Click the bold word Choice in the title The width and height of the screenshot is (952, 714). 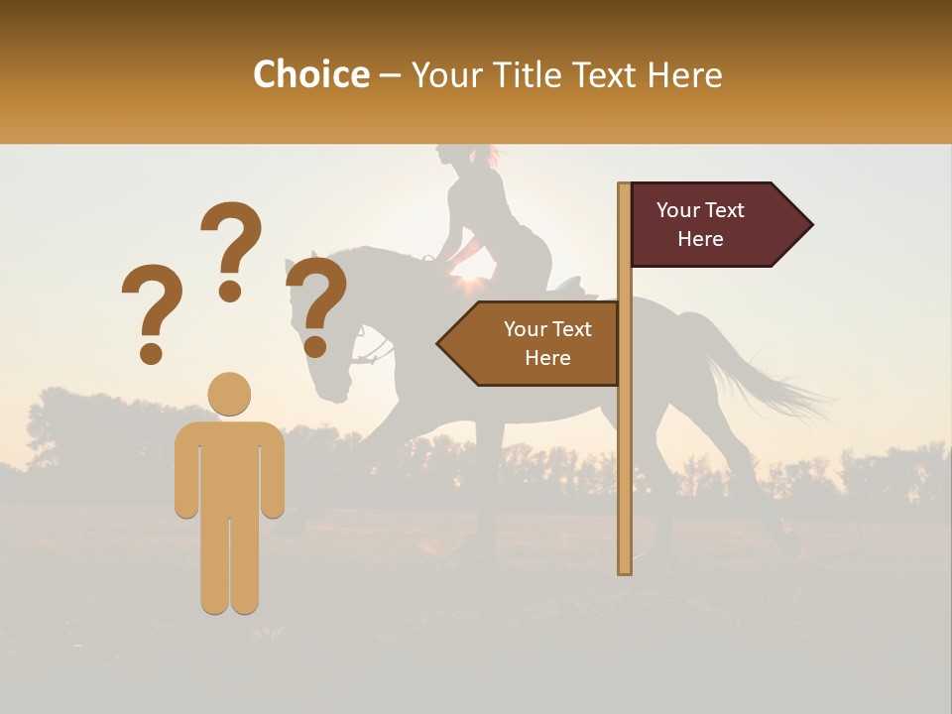tap(310, 75)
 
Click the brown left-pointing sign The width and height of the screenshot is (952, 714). tap(531, 343)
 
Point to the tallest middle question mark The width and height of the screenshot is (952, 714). tap(232, 241)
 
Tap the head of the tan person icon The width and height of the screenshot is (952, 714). tap(229, 394)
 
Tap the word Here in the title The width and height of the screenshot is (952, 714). tap(684, 75)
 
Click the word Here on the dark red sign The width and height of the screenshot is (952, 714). tap(700, 239)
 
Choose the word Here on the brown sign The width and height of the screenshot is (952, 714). tap(547, 358)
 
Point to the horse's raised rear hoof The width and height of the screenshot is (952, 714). tap(790, 542)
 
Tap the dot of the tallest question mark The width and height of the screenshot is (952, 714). tap(231, 291)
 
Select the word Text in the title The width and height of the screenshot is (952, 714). tap(604, 75)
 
